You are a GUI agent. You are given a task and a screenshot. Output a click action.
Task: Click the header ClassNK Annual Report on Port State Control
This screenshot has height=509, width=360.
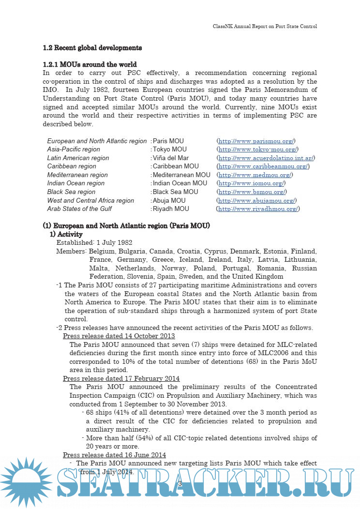tap(265, 26)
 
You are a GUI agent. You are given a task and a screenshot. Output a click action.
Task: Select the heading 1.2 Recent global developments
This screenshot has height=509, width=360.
tap(92, 48)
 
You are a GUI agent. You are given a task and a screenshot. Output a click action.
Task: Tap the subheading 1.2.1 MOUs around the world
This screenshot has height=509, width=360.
tap(90, 64)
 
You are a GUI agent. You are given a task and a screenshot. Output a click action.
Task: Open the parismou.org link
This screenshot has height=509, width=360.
tap(256, 141)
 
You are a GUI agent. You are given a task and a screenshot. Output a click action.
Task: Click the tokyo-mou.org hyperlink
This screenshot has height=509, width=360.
tap(258, 150)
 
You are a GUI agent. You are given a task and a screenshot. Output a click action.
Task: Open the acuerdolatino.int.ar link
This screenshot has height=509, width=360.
tap(266, 158)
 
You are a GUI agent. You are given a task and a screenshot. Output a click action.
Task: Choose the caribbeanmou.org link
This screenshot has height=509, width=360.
tap(263, 166)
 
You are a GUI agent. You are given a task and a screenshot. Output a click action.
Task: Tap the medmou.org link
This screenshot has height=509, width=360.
tap(255, 175)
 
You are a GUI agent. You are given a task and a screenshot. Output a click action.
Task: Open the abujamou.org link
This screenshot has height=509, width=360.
tap(256, 200)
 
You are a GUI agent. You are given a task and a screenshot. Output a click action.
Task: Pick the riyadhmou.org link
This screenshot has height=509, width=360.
tap(258, 209)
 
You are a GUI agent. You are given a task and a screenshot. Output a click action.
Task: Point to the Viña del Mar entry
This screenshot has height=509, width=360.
tap(170, 158)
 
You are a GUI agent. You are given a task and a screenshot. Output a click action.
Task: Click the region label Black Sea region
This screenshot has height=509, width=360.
tap(71, 192)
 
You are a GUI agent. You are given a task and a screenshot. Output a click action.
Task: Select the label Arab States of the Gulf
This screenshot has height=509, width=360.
tap(79, 209)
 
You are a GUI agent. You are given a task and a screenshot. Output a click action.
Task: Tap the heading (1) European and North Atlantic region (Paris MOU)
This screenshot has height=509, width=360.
tap(126, 226)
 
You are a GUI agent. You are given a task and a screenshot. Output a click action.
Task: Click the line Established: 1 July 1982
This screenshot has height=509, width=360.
tap(94, 242)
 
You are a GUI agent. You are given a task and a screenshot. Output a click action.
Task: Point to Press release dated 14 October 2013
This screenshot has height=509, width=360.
tap(119, 336)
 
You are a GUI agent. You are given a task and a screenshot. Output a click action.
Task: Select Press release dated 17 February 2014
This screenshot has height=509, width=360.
tap(121, 378)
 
